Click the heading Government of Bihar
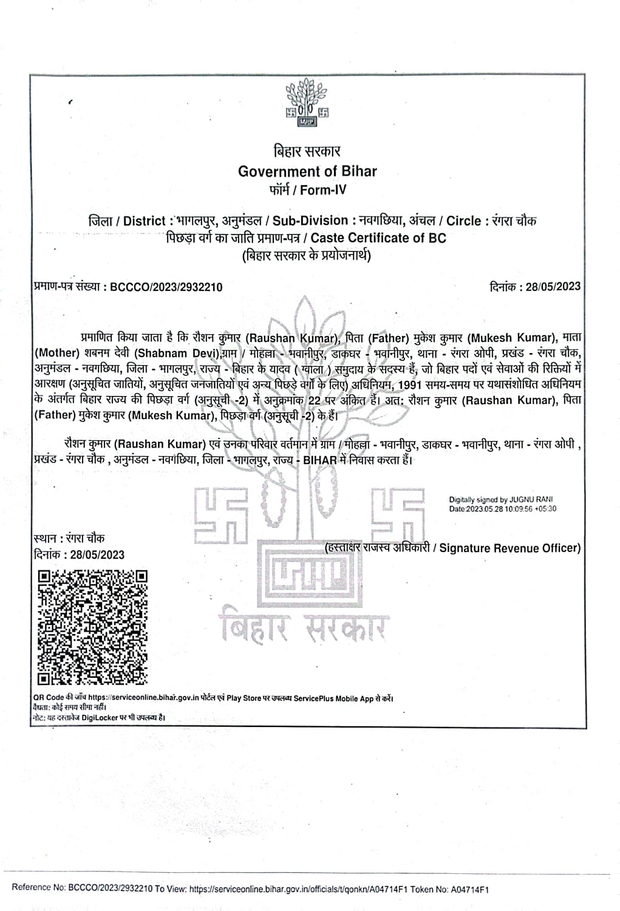307,171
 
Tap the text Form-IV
323,190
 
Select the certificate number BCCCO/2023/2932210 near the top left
166,287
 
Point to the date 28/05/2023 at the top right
553,287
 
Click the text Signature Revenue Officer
509,548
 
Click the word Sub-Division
310,221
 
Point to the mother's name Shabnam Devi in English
175,353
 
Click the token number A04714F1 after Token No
469,890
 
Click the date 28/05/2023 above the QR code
97,554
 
